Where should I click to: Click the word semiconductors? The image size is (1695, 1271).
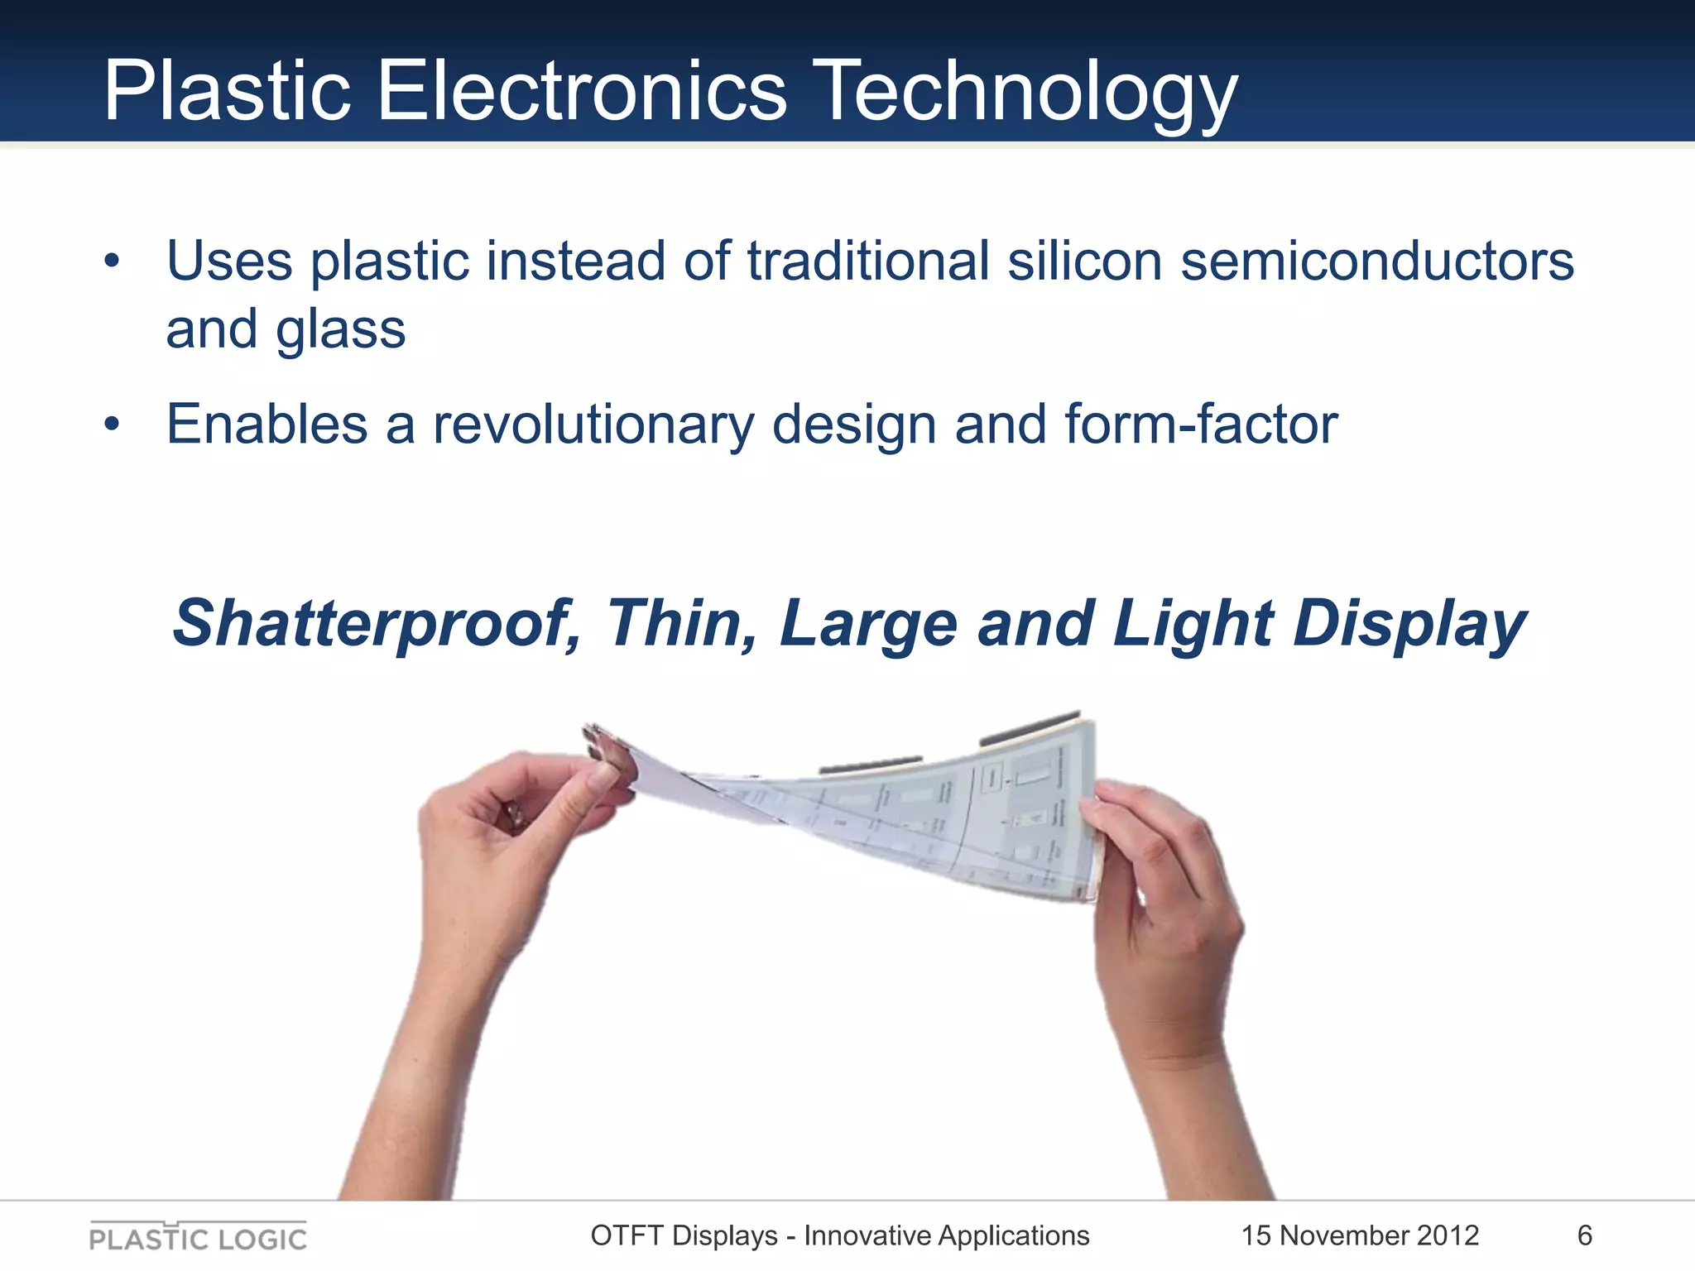pyautogui.click(x=1376, y=261)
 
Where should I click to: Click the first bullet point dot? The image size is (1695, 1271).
pyautogui.click(x=113, y=263)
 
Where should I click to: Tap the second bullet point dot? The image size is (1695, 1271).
pyautogui.click(x=113, y=425)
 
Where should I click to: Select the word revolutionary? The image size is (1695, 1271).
pyautogui.click(x=593, y=425)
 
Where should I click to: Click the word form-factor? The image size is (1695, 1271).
pyautogui.click(x=1200, y=424)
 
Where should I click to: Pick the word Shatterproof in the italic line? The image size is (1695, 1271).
pyautogui.click(x=374, y=624)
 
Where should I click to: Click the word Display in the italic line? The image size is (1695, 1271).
pyautogui.click(x=1409, y=624)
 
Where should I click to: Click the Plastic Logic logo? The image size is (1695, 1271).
pyautogui.click(x=198, y=1236)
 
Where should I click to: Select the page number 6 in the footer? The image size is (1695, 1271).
pyautogui.click(x=1584, y=1235)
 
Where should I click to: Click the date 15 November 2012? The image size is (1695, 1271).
pyautogui.click(x=1359, y=1235)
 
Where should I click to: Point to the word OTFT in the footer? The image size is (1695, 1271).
pyautogui.click(x=627, y=1235)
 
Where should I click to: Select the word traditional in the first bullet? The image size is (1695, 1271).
pyautogui.click(x=868, y=261)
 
